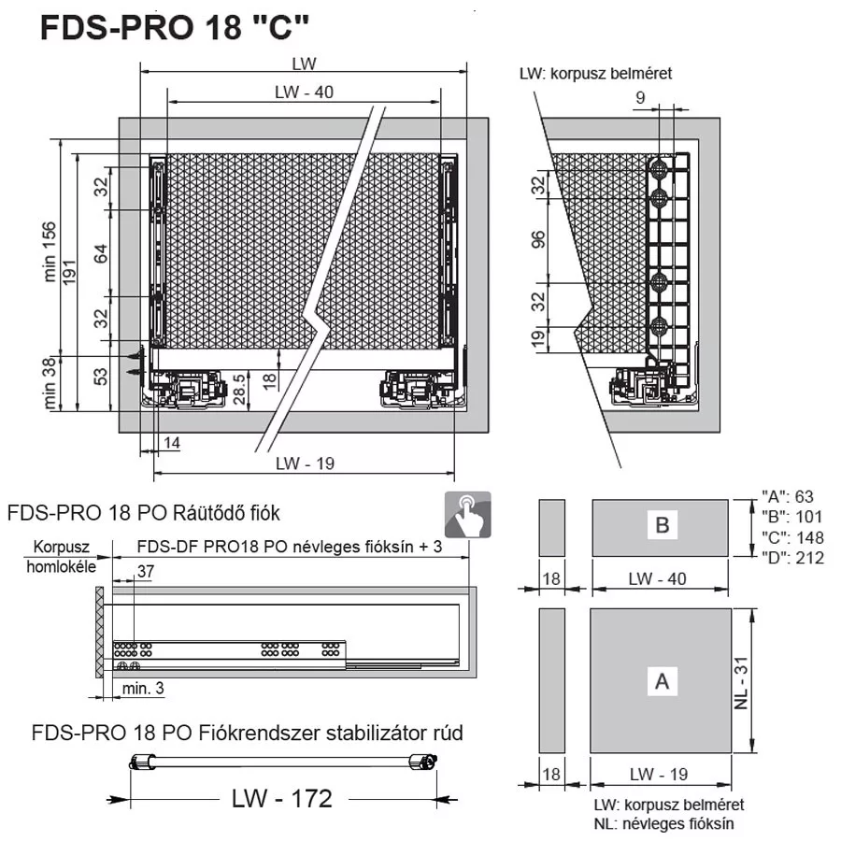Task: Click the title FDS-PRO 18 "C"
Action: click(x=175, y=27)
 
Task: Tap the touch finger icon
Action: click(x=468, y=514)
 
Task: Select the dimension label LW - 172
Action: click(x=282, y=798)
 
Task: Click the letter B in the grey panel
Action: click(x=663, y=524)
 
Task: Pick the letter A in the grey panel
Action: click(x=663, y=681)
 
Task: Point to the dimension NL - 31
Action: click(x=741, y=683)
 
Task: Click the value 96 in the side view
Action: click(x=538, y=240)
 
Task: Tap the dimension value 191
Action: click(x=69, y=272)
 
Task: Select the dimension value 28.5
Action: click(x=239, y=389)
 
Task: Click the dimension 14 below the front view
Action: click(x=172, y=443)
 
